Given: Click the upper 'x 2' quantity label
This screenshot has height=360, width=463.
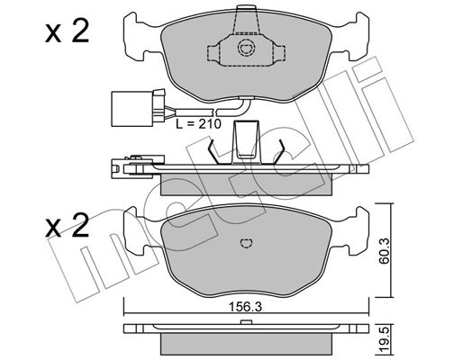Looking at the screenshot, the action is pos(67,31).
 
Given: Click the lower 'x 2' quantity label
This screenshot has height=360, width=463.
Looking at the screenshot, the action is pos(67,225).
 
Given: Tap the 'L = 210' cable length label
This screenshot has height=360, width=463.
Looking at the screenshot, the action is pos(198,123).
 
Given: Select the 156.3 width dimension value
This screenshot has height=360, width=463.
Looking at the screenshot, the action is pos(245,307).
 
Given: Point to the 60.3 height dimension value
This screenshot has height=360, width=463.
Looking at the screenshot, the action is pos(384,251).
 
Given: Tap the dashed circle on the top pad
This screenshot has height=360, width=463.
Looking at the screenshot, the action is pos(246,48).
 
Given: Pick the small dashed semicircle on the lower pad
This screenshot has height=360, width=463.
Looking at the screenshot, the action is pos(247,243).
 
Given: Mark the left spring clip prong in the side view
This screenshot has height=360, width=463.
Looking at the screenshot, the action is pos(213,152).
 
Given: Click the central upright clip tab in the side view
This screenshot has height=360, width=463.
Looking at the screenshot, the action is pos(246,141).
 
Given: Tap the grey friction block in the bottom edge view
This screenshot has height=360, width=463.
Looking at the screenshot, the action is pos(246,344).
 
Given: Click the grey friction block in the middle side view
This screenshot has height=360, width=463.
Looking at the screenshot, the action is pos(246,184).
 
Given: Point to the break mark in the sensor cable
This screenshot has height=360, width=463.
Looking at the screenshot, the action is pos(216,112).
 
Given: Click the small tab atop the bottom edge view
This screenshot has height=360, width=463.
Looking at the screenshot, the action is pos(246,322).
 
